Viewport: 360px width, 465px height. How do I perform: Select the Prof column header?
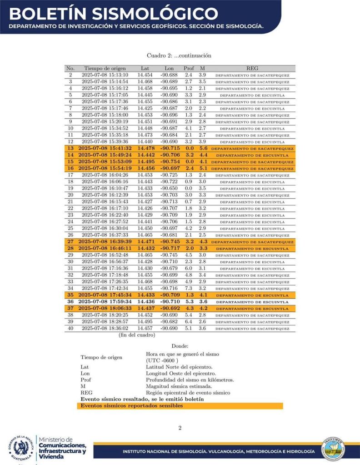point(188,68)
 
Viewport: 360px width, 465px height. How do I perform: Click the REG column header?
point(252,68)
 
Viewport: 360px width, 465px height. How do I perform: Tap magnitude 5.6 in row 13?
point(203,148)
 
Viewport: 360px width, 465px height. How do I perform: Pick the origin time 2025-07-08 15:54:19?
point(105,168)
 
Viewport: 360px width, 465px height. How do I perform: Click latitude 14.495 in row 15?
point(146,162)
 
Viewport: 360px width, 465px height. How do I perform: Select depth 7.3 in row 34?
point(188,288)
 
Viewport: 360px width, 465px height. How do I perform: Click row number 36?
point(70,301)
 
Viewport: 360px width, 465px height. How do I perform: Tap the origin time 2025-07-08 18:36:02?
point(105,328)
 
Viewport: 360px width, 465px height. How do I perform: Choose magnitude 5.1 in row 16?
point(203,168)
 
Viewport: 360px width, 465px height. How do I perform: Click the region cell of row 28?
point(252,248)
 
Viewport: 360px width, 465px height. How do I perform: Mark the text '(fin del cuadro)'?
point(137,335)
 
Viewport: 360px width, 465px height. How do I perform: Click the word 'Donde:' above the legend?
point(180,346)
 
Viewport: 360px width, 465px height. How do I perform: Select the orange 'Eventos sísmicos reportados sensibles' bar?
point(180,405)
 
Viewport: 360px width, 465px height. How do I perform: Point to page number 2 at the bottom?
point(180,428)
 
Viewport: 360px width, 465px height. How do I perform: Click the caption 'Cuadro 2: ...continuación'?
point(180,55)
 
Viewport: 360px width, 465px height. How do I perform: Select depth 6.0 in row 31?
point(188,268)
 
